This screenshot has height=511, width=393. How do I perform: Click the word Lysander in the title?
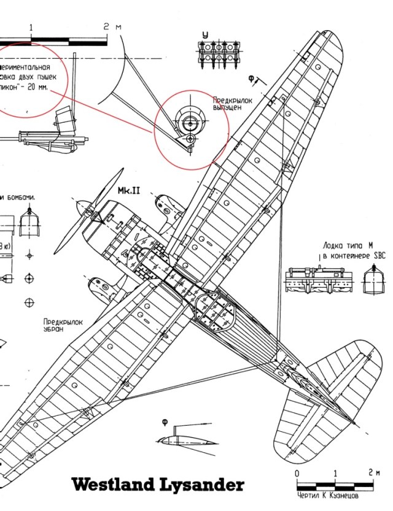click(x=205, y=485)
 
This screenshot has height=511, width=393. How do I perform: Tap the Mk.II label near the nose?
click(x=129, y=191)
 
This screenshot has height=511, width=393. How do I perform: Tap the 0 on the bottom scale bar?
click(x=297, y=474)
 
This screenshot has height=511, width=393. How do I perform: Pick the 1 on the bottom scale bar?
click(x=335, y=474)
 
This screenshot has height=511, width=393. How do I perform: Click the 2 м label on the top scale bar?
click(x=110, y=27)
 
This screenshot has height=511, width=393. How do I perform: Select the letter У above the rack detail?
click(x=206, y=34)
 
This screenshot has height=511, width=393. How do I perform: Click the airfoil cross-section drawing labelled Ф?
click(x=181, y=440)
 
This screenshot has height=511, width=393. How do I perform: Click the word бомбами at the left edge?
click(x=21, y=198)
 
